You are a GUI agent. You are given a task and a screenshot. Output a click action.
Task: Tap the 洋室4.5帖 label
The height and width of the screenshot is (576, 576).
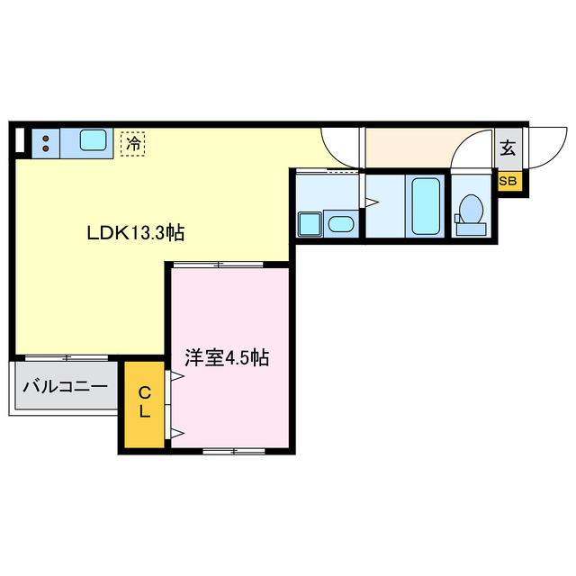[x=226, y=357]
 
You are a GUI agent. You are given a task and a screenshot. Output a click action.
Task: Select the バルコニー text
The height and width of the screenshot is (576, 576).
[x=65, y=388]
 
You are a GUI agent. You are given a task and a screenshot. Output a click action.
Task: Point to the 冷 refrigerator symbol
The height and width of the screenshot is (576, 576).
[x=133, y=143]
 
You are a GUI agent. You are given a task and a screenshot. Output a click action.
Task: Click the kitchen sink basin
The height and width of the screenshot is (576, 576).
[x=93, y=140]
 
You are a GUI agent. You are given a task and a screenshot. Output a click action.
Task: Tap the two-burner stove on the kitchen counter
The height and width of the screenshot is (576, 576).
[x=43, y=140]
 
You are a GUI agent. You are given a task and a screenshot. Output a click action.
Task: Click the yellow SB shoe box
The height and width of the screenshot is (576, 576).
[x=508, y=181]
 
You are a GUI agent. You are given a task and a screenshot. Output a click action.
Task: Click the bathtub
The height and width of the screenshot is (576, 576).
[x=425, y=205]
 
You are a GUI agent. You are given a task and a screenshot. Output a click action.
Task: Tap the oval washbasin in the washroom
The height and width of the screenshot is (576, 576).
[x=340, y=224]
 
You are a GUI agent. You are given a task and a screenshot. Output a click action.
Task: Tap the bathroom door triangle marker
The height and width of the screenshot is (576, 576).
[x=370, y=202]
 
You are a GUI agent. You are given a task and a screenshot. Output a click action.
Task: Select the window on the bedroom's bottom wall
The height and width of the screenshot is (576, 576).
[x=232, y=451]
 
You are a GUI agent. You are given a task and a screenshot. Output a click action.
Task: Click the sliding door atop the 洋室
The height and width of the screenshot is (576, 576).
[x=218, y=264]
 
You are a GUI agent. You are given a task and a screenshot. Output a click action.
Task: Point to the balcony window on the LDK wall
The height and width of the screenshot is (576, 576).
[x=65, y=357]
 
